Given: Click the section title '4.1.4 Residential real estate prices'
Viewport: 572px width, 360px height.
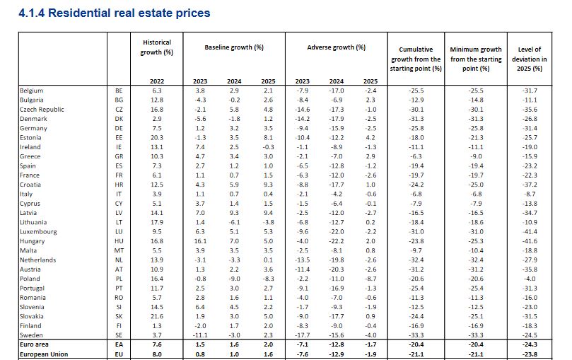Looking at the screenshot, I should pos(115,13).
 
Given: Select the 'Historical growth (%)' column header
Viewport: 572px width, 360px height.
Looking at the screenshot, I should pos(157,47).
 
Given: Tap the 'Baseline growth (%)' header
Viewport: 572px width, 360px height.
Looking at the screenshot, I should pos(234,47).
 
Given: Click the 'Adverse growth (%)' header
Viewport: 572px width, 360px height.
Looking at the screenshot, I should pos(337,47).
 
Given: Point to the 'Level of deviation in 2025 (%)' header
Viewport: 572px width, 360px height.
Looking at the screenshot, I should pos(530,59).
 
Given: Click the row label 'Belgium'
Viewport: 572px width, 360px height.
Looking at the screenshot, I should pos(33,91).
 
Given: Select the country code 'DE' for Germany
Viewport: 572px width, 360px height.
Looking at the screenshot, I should pos(119,128).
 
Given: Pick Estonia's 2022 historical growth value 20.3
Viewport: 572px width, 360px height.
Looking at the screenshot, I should pos(157,137).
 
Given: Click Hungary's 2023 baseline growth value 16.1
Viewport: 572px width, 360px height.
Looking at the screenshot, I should pos(200,240).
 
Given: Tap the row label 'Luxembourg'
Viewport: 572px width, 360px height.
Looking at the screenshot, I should pos(39,231).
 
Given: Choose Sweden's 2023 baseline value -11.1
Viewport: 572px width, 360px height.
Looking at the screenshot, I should pos(200,334).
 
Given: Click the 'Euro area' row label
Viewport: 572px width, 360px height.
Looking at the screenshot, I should pos(35,344).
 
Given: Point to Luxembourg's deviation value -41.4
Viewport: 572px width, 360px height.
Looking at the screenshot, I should pos(530,231).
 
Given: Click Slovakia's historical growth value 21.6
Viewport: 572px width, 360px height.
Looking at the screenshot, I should pos(157,315).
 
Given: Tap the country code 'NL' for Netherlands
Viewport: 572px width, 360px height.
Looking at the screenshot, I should pos(119,260).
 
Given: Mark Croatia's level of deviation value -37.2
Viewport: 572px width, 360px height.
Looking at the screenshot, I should pos(530,184).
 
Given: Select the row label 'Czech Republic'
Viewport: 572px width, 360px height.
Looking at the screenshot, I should pos(43,110).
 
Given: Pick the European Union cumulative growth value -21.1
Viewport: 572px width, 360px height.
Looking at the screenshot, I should pos(415,353).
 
